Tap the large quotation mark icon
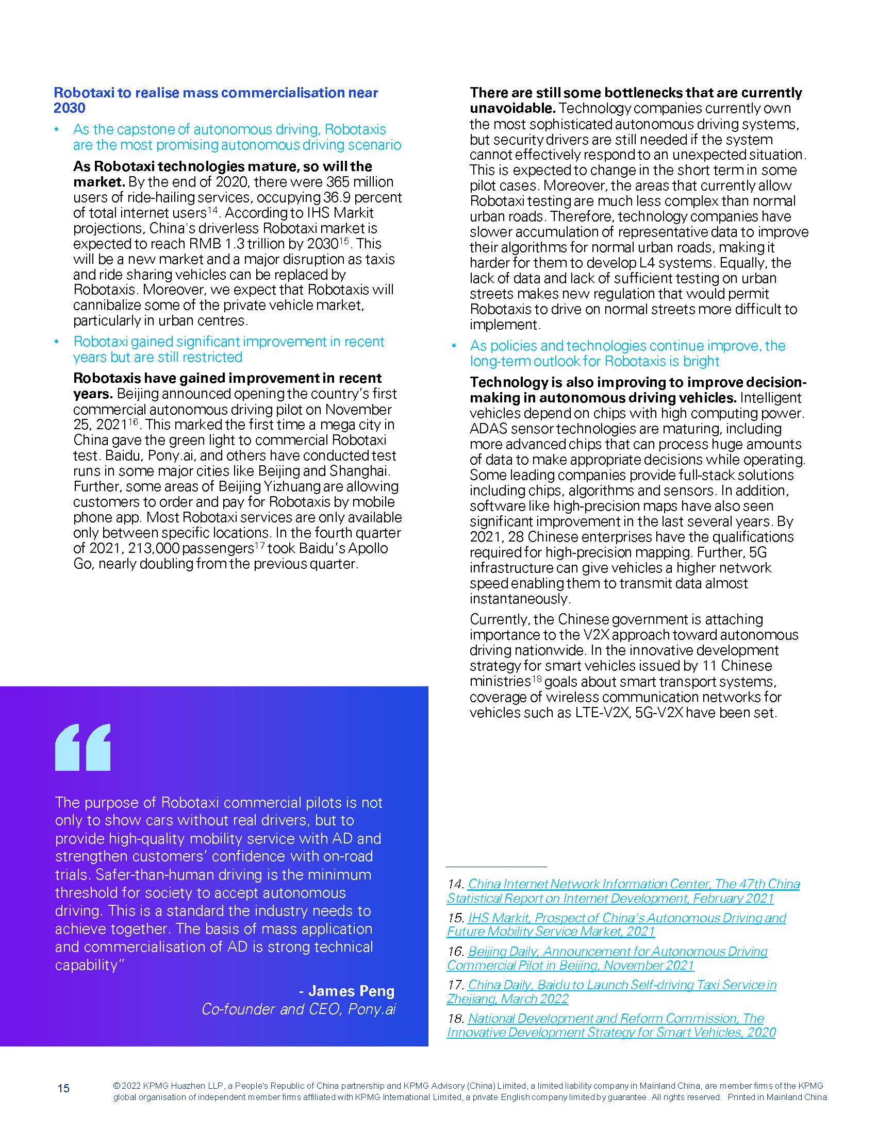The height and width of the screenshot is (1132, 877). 83,747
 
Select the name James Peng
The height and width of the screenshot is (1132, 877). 351,990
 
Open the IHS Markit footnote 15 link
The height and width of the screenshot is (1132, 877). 616,925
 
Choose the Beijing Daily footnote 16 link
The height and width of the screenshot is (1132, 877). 607,958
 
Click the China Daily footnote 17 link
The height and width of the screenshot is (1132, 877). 611,991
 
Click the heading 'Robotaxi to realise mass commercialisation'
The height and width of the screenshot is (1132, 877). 216,93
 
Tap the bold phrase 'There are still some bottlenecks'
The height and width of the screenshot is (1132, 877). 635,93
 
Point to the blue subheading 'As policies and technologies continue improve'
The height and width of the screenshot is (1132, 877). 627,346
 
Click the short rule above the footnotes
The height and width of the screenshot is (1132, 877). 496,866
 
